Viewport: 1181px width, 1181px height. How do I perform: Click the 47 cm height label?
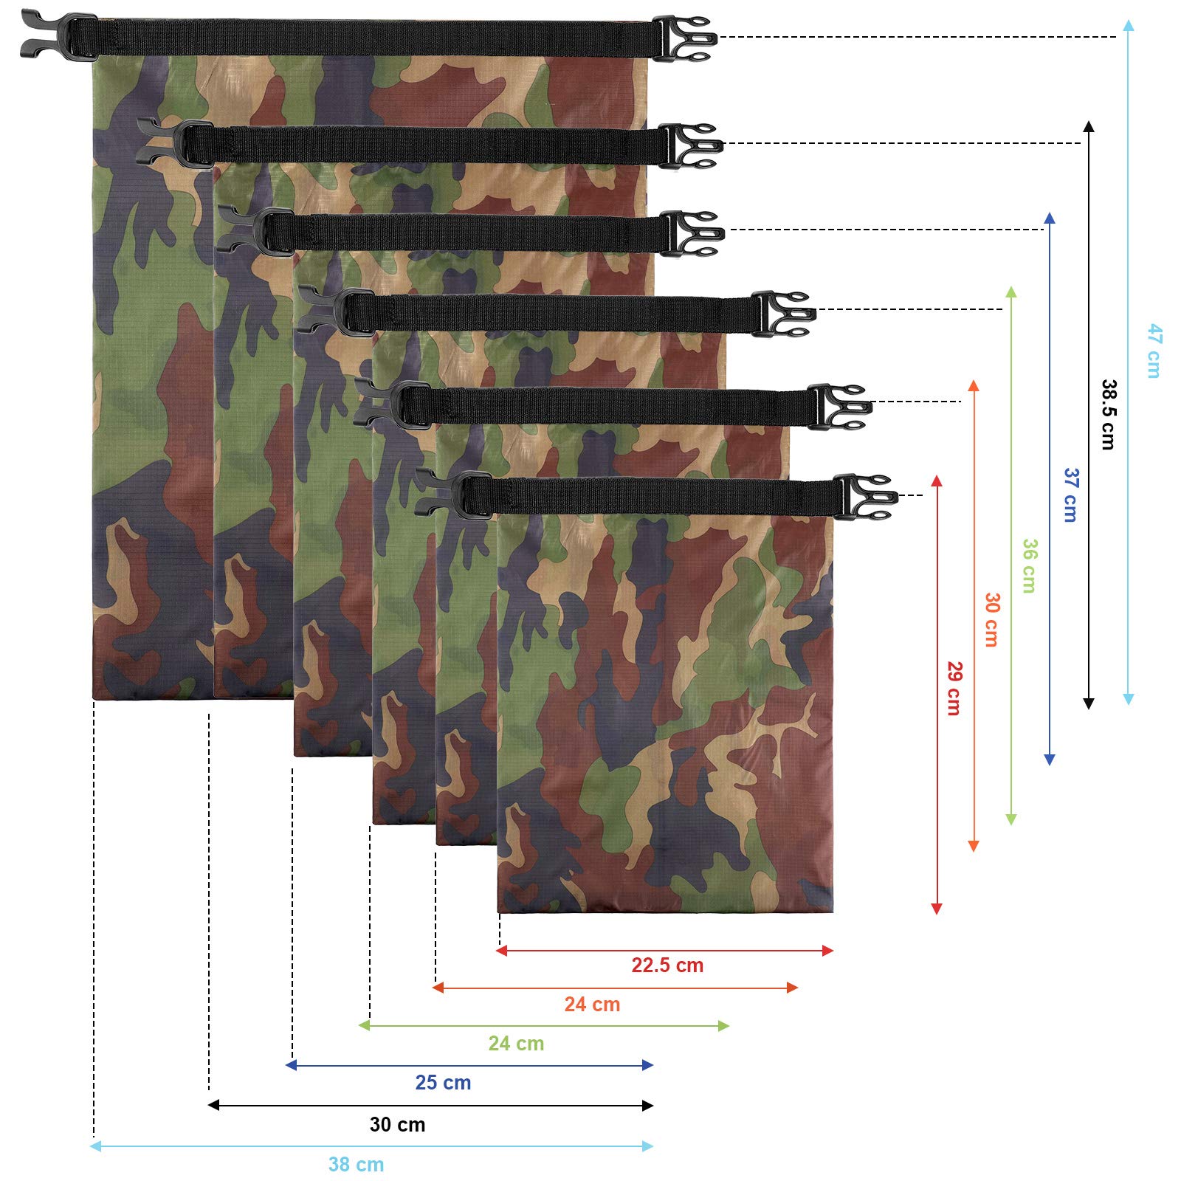tap(1154, 351)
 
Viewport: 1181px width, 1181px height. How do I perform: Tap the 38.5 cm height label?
tap(1109, 414)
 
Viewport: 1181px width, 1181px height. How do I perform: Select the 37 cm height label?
tap(1071, 495)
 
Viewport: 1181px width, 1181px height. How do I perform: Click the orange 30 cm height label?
tap(993, 619)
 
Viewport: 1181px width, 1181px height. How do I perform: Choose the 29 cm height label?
tap(954, 688)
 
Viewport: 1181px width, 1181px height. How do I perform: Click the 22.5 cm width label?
tap(667, 965)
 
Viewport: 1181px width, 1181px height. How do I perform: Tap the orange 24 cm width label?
tap(592, 1005)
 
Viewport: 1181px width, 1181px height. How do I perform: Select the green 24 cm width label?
tap(516, 1044)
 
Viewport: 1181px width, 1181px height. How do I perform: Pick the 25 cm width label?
tap(443, 1083)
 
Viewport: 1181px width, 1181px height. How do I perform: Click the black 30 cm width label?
tap(397, 1125)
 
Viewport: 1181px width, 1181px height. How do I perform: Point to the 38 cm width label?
tap(356, 1165)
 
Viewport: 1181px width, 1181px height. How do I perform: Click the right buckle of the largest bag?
tap(684, 38)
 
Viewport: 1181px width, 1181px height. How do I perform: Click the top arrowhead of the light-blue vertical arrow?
tap(1129, 26)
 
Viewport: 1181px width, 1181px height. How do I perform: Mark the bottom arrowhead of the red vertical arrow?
tap(937, 909)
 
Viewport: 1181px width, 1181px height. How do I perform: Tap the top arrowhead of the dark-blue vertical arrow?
tap(1050, 218)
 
